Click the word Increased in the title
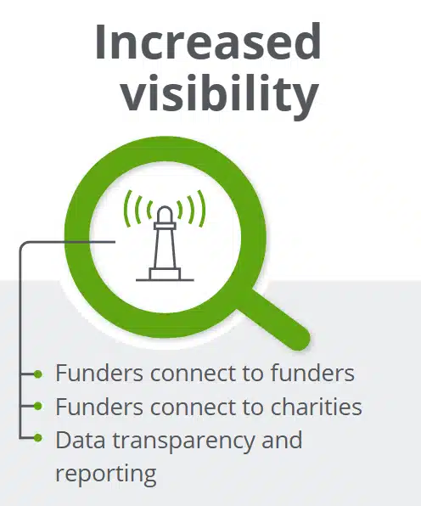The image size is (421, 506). coord(208,41)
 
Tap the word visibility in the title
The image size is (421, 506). coord(220,92)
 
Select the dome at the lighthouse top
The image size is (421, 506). coord(165,214)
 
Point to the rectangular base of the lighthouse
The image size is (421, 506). coord(165,274)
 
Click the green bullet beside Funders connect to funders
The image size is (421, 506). coord(38,374)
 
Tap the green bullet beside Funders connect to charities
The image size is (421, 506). coord(38,406)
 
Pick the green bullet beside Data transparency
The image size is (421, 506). coord(38,438)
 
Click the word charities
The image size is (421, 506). coord(316,407)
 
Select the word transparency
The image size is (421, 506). coord(183,441)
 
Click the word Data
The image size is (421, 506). coord(81,440)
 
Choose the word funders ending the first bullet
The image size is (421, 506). coord(312,373)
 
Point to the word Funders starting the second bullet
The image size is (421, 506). coord(99,407)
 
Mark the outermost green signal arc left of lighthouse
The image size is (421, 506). coord(128,209)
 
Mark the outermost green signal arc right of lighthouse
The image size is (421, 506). coord(202,209)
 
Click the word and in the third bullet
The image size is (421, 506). coord(282,440)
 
